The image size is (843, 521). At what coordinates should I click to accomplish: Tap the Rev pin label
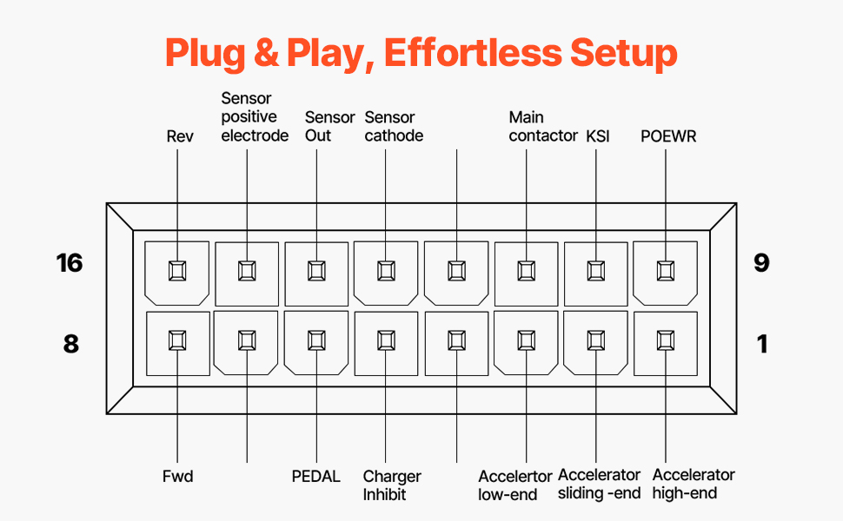point(180,136)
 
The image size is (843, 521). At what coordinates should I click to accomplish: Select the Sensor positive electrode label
point(254,117)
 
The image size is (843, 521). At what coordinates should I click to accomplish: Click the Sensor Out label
point(329,127)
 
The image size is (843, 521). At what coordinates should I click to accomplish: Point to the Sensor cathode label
point(394,127)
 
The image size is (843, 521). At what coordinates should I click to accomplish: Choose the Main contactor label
point(542,127)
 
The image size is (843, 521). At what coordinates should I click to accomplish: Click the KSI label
point(598,136)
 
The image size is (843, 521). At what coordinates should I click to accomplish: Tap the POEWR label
point(668,136)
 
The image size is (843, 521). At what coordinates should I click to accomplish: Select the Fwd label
point(177,477)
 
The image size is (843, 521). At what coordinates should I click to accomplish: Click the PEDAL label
point(316,477)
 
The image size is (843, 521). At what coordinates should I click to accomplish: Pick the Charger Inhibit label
point(392,485)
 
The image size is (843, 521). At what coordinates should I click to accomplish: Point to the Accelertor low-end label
point(514,485)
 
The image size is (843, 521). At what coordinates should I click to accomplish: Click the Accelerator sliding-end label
point(599,485)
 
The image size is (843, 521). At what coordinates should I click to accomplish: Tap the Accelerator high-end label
point(693,485)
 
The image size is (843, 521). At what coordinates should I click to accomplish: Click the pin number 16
point(70,262)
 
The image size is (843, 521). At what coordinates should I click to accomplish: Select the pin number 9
point(761,262)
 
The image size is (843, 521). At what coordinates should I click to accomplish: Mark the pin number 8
point(70,344)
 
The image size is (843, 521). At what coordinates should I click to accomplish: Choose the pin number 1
point(762,344)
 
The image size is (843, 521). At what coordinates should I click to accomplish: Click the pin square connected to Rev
point(177,270)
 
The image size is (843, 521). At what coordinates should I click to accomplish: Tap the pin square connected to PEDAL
point(316,340)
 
